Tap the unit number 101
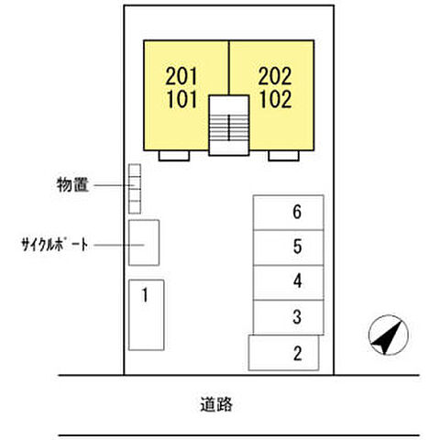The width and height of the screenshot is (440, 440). [183, 98]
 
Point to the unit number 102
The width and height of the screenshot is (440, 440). [275, 98]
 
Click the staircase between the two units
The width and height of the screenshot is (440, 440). [229, 124]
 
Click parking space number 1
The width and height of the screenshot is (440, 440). [145, 314]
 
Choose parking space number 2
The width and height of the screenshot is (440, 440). [284, 352]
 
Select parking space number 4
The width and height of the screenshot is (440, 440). [289, 281]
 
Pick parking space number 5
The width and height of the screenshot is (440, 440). [289, 246]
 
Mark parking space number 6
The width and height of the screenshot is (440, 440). [289, 212]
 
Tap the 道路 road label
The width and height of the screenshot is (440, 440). [219, 402]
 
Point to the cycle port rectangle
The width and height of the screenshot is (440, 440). [143, 243]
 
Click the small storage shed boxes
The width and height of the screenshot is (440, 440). [135, 188]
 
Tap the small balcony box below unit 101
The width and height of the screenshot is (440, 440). [173, 154]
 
